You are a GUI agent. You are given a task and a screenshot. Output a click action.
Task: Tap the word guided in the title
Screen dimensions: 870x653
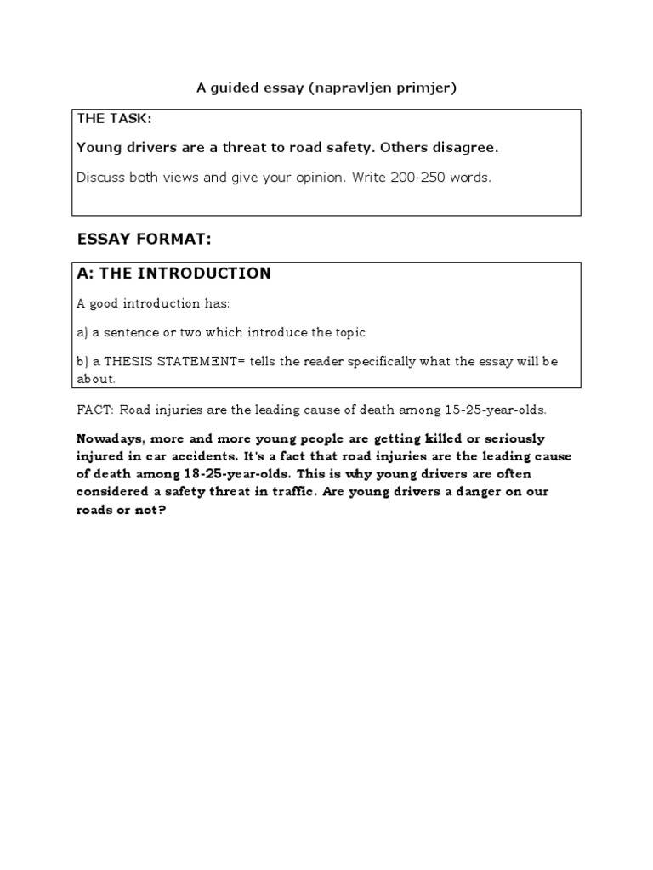pyautogui.click(x=241, y=88)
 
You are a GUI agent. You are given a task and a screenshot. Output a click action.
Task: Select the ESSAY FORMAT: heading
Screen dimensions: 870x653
pyautogui.click(x=144, y=240)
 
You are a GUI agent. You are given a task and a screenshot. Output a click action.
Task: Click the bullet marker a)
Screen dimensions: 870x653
pyautogui.click(x=82, y=332)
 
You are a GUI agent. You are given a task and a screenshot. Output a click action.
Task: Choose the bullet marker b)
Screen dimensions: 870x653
pyautogui.click(x=82, y=362)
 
